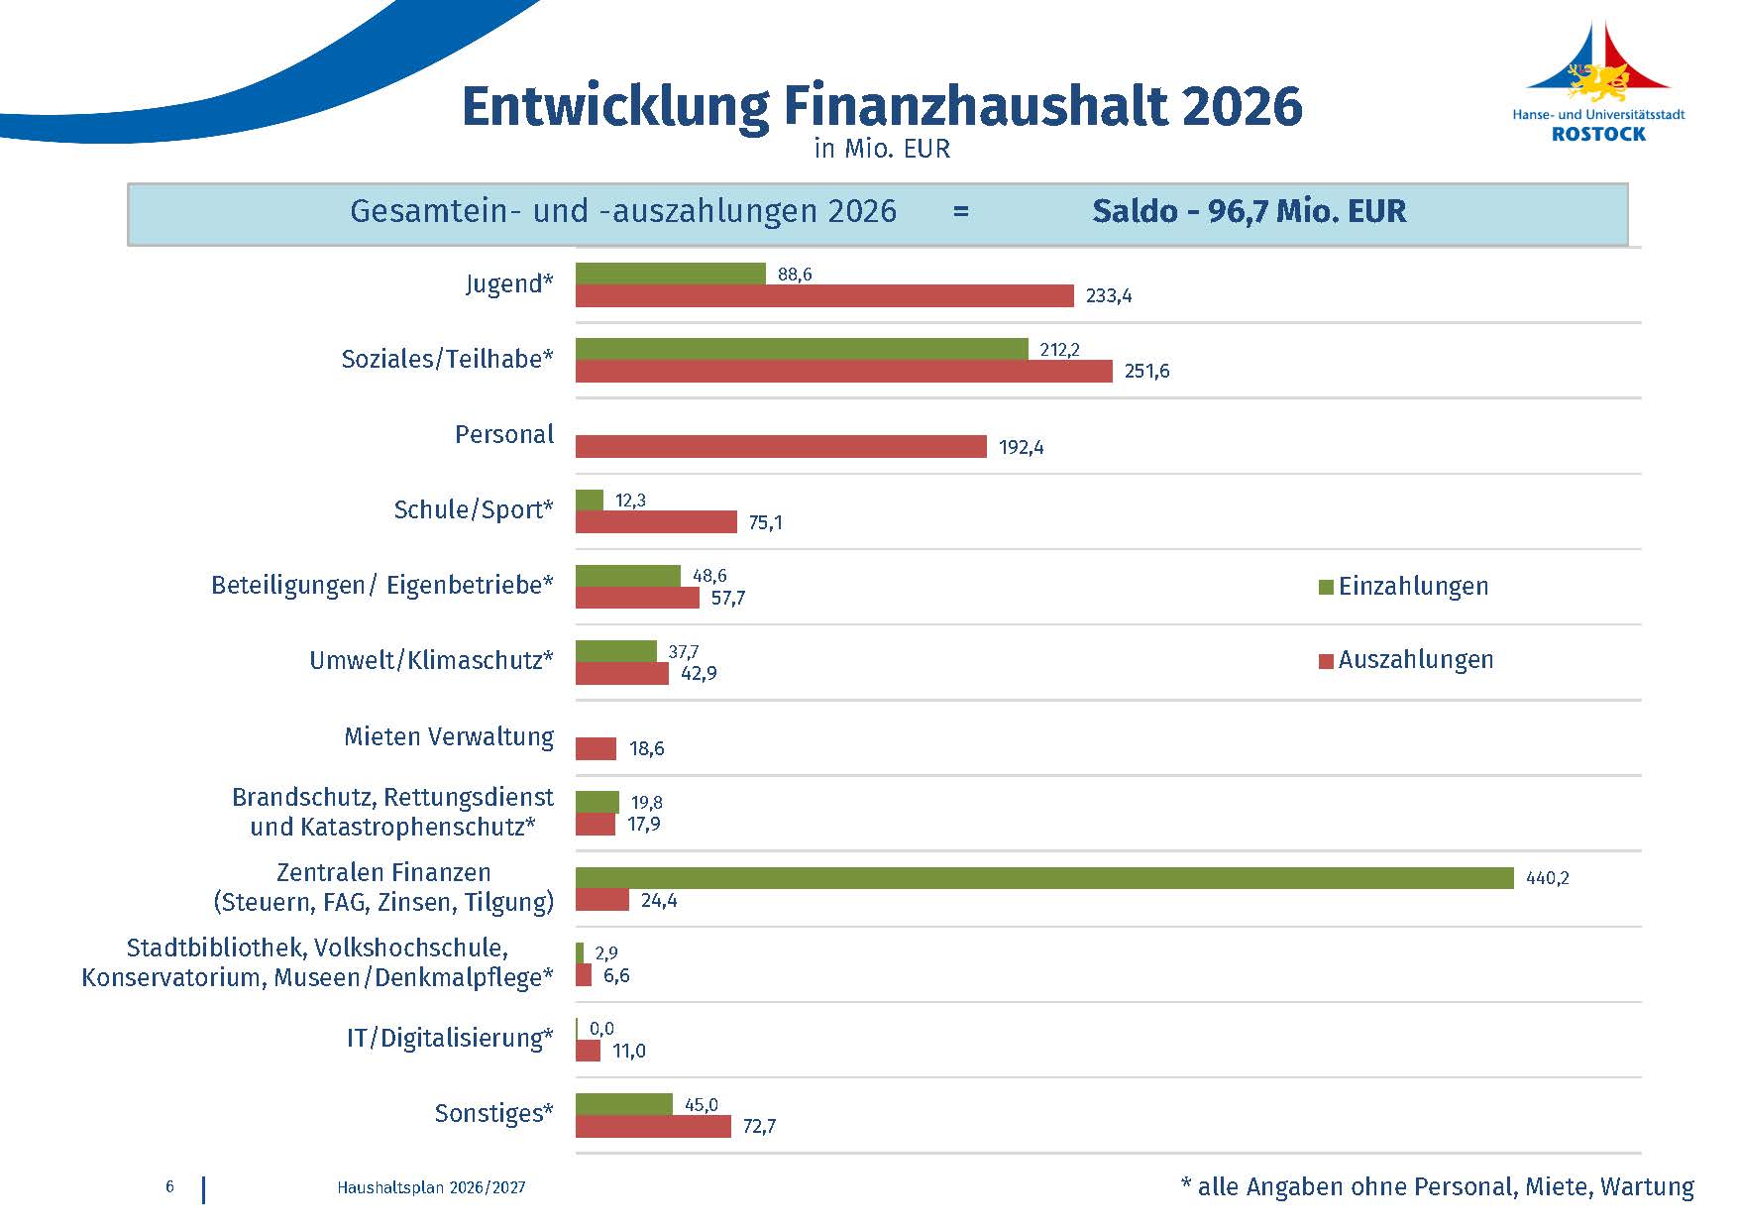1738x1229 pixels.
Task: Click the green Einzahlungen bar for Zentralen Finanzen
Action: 1044,878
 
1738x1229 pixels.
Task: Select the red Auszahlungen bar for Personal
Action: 781,447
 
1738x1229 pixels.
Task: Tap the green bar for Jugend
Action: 671,274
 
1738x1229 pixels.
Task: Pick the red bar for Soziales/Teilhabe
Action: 843,371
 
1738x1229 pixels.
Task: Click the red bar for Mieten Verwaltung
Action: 596,749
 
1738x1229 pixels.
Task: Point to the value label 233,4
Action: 1109,296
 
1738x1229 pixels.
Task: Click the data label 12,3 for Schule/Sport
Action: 630,501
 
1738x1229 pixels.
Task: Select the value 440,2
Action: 1547,878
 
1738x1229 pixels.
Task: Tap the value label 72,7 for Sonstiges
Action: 759,1127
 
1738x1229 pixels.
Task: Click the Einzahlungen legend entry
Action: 1403,587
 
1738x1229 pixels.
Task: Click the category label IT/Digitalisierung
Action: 450,1039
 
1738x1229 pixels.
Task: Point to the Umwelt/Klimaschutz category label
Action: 431,660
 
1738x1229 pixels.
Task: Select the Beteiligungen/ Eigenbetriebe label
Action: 382,586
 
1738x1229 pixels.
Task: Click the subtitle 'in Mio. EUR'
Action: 882,149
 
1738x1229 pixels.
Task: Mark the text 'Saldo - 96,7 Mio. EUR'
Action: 1249,211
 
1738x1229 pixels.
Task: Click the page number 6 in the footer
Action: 170,1187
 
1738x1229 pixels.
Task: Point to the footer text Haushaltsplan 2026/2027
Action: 431,1187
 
